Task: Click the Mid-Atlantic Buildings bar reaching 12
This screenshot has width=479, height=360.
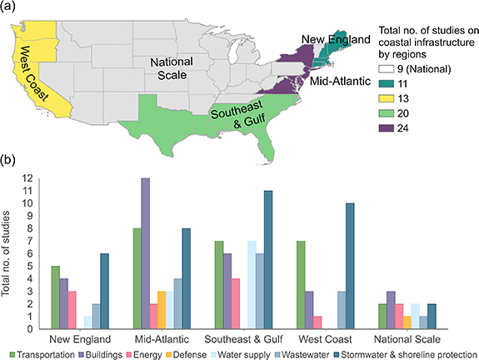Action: tap(145, 253)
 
